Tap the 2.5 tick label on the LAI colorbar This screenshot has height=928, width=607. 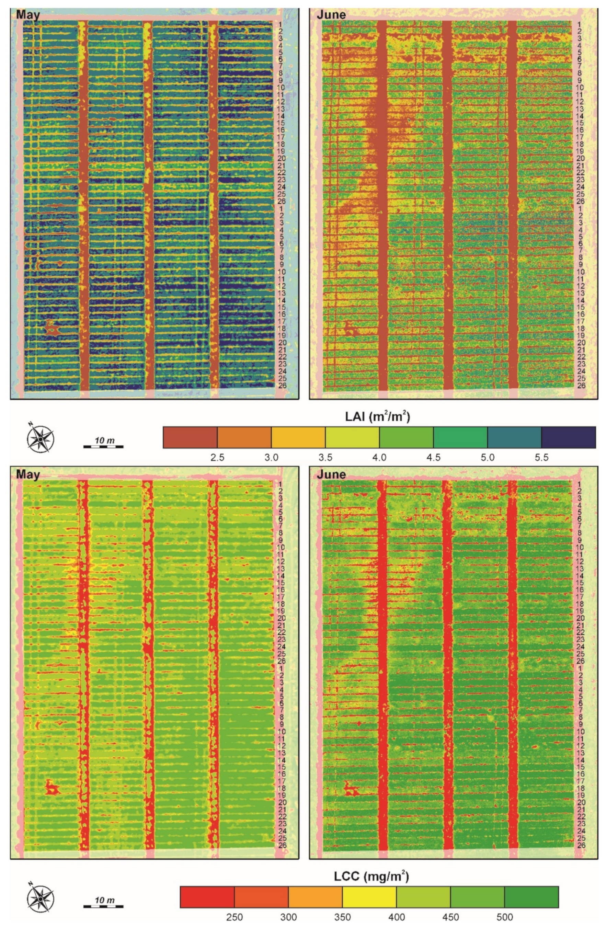click(x=217, y=458)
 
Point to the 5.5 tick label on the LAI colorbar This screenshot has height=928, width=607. click(x=541, y=458)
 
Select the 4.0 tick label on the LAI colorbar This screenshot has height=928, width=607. click(x=379, y=458)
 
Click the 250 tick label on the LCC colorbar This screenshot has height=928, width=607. click(x=234, y=917)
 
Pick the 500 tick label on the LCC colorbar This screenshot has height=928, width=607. click(x=504, y=917)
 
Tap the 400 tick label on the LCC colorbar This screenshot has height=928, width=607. click(x=397, y=917)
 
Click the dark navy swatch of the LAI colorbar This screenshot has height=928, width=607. click(x=569, y=437)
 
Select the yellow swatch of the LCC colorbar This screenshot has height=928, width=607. click(x=369, y=896)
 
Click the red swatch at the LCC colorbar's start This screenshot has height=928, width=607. click(x=207, y=896)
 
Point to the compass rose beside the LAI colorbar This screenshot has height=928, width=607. click(x=41, y=439)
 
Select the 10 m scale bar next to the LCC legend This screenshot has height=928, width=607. click(x=104, y=902)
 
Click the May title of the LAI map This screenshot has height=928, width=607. click(x=28, y=15)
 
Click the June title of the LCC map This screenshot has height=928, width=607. click(x=331, y=475)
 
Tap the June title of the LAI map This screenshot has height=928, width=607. click(x=331, y=15)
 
